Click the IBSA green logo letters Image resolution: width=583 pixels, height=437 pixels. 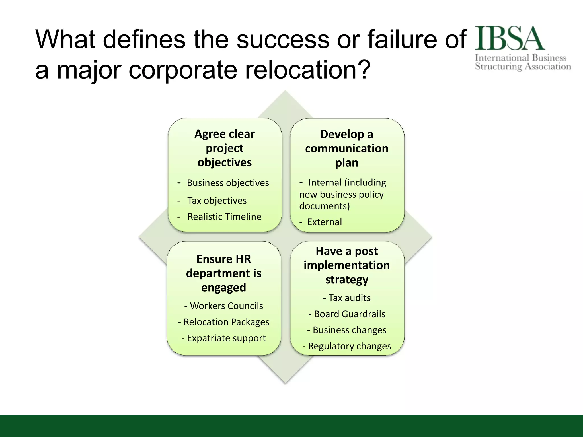pyautogui.click(x=510, y=38)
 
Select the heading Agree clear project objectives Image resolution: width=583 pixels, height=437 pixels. pyautogui.click(x=225, y=148)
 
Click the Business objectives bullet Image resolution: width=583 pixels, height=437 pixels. pyautogui.click(x=227, y=183)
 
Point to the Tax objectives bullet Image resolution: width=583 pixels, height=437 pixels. pyautogui.click(x=217, y=201)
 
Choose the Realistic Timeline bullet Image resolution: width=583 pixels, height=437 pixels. pyautogui.click(x=224, y=217)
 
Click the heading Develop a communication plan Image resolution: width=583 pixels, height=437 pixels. pyautogui.click(x=346, y=149)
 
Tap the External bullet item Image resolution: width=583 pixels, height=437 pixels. pyautogui.click(x=324, y=222)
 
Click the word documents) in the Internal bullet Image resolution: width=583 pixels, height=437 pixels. pyautogui.click(x=324, y=206)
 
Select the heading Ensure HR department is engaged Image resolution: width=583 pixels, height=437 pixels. pyautogui.click(x=223, y=273)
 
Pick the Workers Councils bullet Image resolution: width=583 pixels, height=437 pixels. pyautogui.click(x=226, y=306)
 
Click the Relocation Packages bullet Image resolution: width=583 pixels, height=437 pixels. pyautogui.click(x=226, y=322)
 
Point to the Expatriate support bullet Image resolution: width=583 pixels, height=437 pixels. pyautogui.click(x=226, y=338)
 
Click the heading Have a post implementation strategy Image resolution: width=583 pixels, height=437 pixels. pyautogui.click(x=346, y=265)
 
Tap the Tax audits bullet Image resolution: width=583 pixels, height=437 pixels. pyautogui.click(x=349, y=298)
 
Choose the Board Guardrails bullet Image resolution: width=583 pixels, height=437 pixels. pyautogui.click(x=349, y=314)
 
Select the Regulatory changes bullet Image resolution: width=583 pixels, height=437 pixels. pyautogui.click(x=349, y=346)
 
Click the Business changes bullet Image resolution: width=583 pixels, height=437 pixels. pyautogui.click(x=349, y=330)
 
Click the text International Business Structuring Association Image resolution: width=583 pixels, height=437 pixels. pyautogui.click(x=523, y=62)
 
